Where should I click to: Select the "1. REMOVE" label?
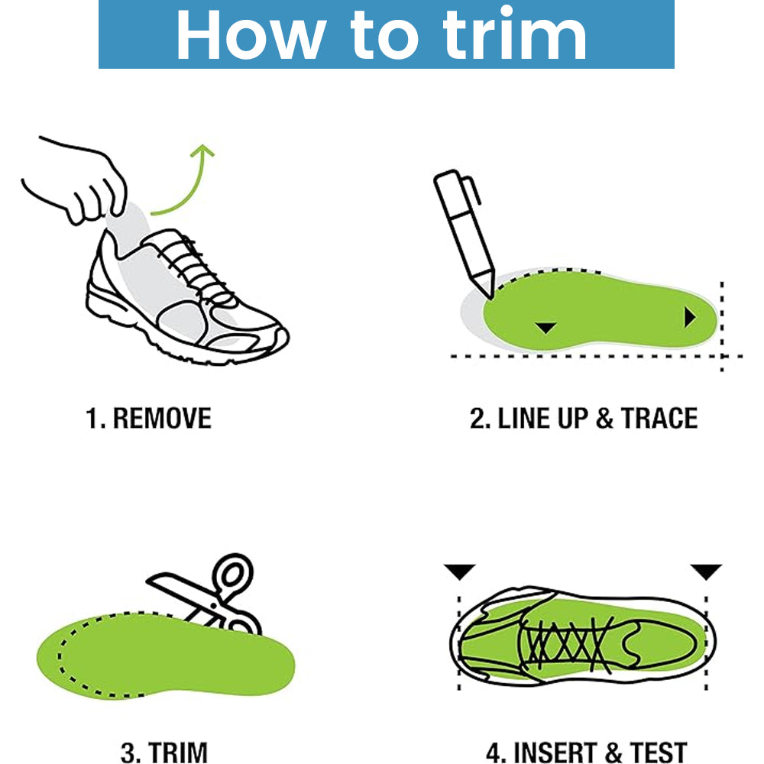tap(149, 418)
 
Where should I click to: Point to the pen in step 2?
tap(465, 233)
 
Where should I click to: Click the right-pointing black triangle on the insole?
tap(690, 317)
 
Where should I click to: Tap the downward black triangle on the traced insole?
tap(545, 328)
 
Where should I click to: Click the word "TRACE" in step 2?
tap(659, 418)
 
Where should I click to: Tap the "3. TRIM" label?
tap(163, 753)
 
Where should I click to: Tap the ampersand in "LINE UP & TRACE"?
tap(604, 419)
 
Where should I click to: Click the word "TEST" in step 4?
tap(659, 753)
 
